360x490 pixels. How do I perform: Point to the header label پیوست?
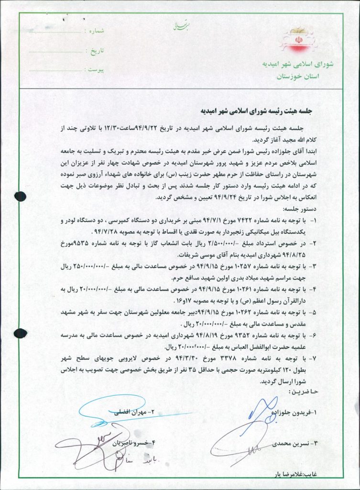(x=95, y=70)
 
